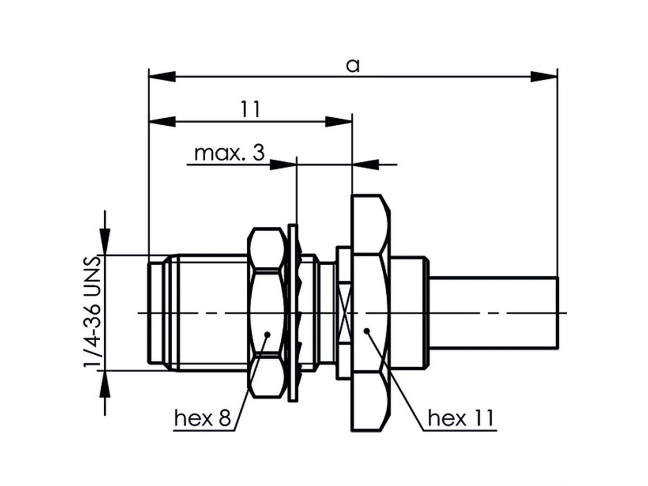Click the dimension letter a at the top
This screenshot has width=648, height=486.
point(353,66)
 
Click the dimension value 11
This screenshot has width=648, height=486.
point(251,110)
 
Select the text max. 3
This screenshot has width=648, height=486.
point(229,153)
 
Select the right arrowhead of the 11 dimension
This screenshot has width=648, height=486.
point(339,122)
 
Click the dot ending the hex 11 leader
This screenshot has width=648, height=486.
point(366,330)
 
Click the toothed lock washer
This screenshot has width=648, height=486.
point(293,313)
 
